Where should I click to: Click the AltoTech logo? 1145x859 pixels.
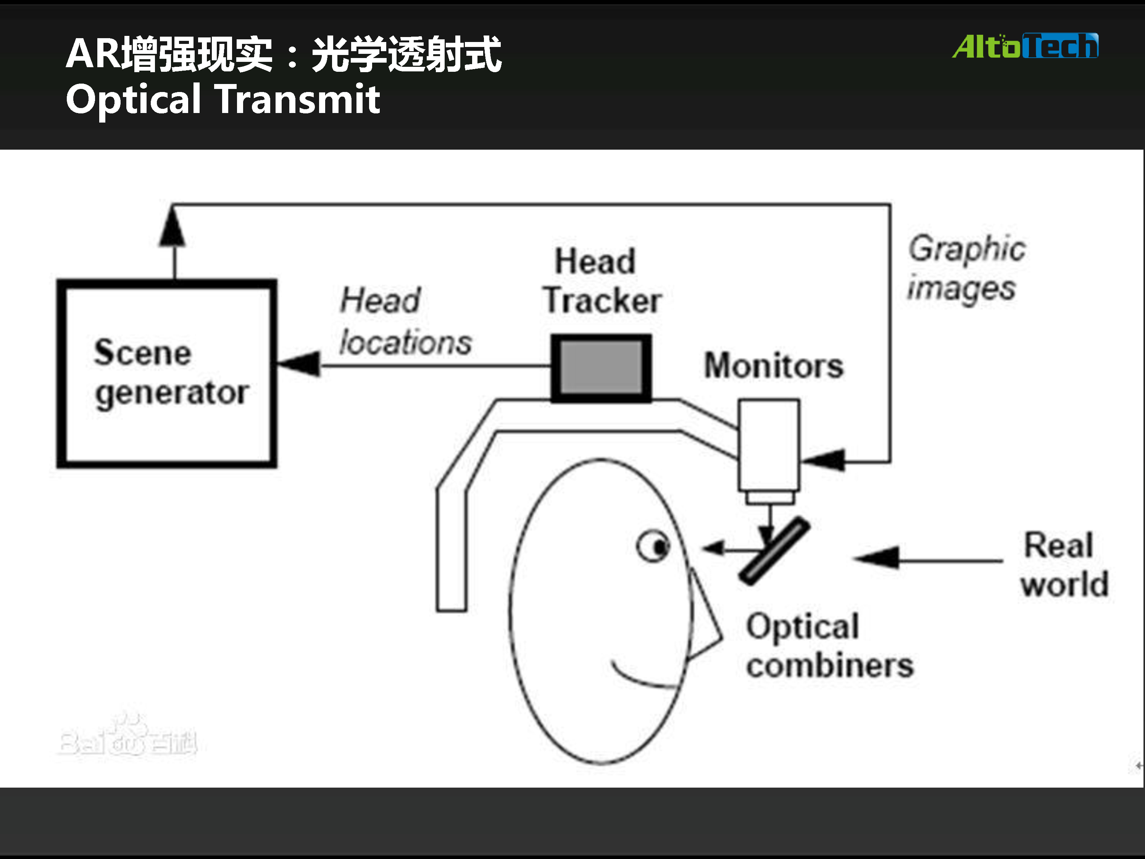(x=1025, y=47)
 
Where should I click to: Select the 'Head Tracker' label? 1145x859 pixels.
(x=602, y=281)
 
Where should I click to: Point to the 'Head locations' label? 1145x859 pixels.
(x=405, y=321)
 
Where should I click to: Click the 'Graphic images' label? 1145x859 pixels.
(x=966, y=268)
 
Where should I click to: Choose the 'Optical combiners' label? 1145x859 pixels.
(x=829, y=646)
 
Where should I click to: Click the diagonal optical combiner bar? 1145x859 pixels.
(x=774, y=551)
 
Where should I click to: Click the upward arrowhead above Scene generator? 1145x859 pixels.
(x=173, y=228)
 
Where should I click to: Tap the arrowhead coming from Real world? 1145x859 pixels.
(x=877, y=558)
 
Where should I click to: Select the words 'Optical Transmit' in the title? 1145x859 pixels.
(x=223, y=99)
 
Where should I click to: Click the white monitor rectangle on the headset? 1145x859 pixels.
(x=769, y=445)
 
